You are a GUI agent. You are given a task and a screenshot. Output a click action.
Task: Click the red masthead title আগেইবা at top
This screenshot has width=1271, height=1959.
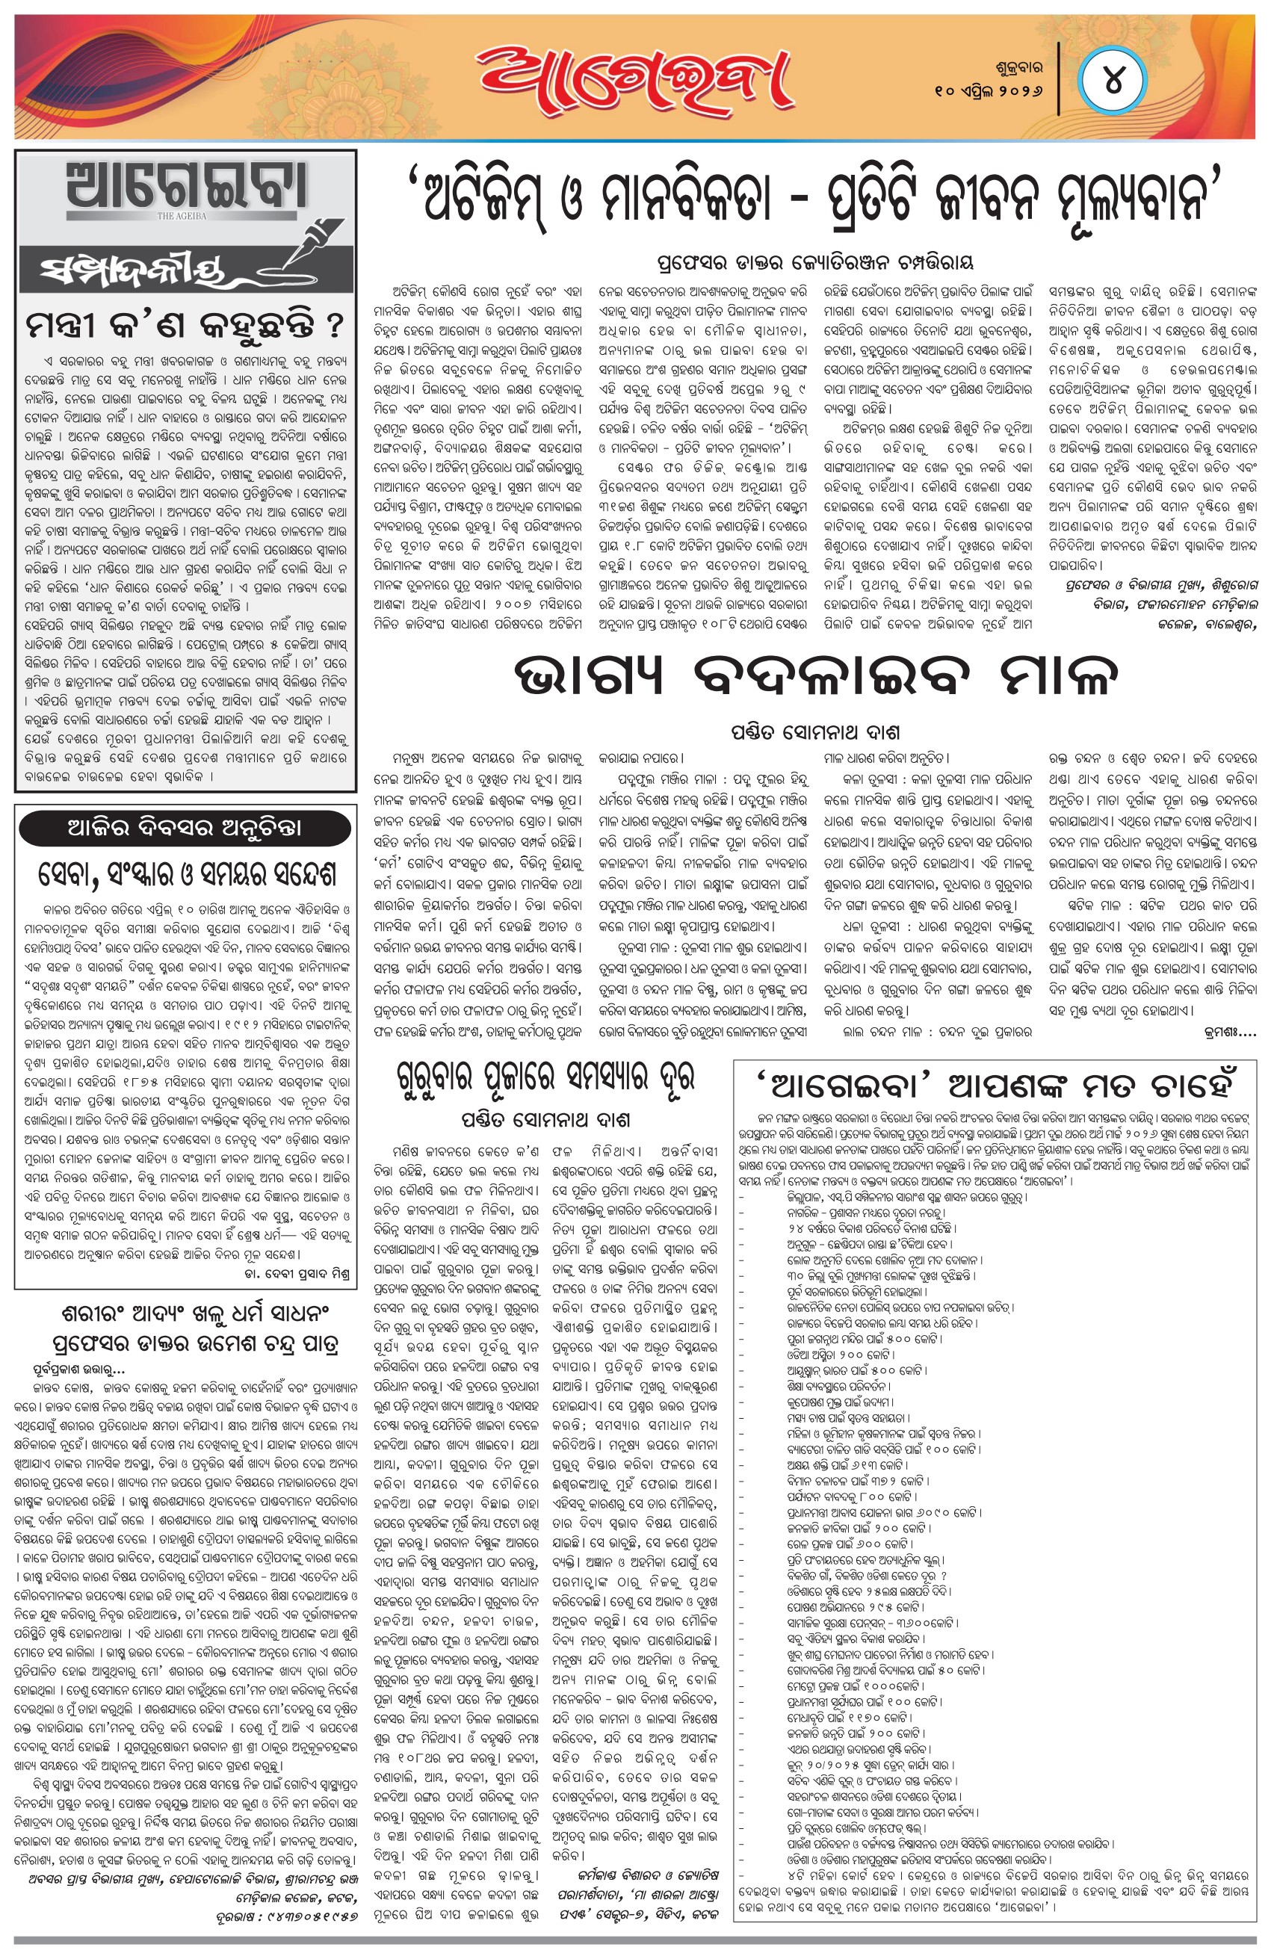pos(632,80)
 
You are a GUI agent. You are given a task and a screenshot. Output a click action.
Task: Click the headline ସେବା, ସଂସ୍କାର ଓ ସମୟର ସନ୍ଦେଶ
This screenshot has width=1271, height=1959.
pos(187,875)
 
